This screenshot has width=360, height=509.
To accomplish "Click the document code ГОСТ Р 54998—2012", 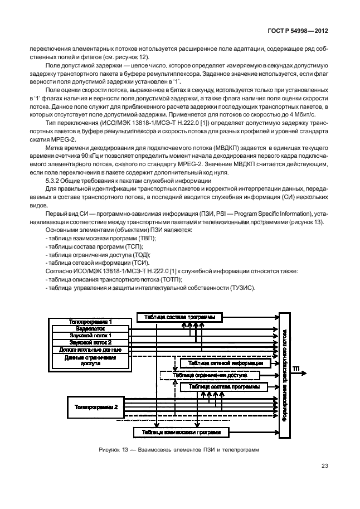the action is [298, 31].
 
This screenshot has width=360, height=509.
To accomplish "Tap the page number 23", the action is [325, 466].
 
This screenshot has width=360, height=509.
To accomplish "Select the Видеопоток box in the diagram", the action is [91, 329].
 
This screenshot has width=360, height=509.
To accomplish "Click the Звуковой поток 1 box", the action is [91, 336].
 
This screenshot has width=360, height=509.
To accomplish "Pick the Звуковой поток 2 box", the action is [91, 342].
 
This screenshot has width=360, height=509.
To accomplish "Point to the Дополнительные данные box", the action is [91, 350].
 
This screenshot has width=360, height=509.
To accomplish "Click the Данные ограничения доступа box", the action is [91, 360].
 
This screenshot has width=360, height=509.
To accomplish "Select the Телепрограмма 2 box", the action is [95, 407].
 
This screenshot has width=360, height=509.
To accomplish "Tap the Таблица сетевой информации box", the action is [226, 363].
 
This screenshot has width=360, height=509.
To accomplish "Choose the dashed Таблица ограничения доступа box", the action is [210, 375].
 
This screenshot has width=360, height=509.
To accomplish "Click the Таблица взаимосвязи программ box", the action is [182, 433].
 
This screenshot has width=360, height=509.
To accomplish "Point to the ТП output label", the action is [296, 369].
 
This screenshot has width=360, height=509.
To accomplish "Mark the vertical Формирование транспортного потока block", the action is [284, 375].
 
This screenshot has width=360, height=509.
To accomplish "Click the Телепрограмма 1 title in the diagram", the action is [91, 322].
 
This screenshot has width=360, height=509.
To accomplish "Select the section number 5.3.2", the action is [52, 181].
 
